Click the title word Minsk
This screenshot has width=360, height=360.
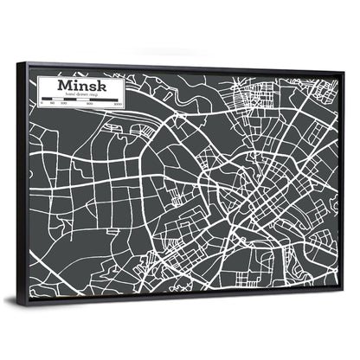point(82,86)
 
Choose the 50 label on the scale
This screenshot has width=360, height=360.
point(53,104)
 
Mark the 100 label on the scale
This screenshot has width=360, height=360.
point(62,104)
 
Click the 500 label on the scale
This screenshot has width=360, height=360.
point(90,105)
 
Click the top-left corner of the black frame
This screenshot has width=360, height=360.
point(19,61)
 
